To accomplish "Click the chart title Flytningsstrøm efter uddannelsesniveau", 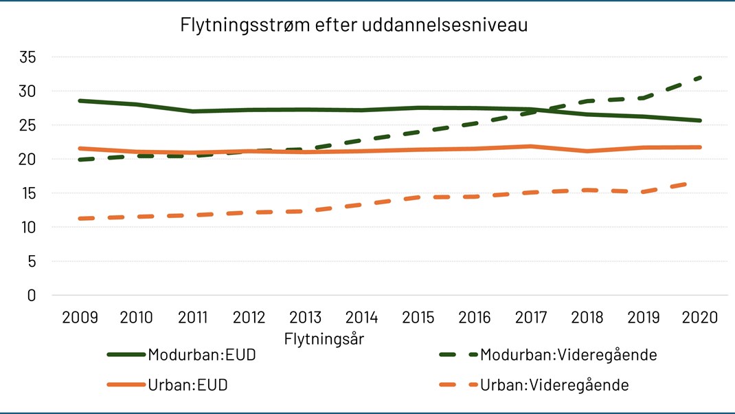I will (x=354, y=25).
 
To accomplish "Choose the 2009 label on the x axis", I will (x=80, y=318).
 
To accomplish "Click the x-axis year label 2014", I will (x=362, y=318).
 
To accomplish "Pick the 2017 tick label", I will (x=531, y=318).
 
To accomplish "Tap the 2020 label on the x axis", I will (x=700, y=318).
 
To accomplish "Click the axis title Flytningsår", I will (x=324, y=339).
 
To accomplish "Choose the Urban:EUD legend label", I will (x=188, y=385).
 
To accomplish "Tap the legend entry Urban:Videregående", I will (x=554, y=385).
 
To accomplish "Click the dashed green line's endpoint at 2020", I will (x=700, y=78).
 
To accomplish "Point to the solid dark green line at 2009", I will (x=80, y=100).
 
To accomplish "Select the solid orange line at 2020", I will (x=700, y=147).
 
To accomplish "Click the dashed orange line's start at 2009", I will (x=80, y=219).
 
